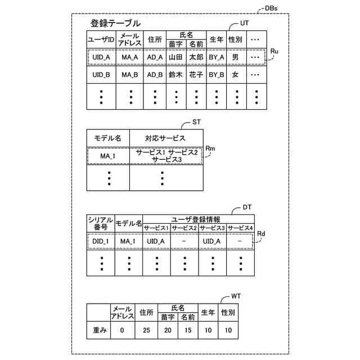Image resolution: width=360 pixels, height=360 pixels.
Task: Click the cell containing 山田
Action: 175,57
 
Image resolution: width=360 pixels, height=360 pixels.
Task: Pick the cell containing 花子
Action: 196,75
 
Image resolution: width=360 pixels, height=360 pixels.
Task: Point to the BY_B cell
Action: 217,75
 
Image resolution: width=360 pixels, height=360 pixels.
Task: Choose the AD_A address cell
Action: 155,57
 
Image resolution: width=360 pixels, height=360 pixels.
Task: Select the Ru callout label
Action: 274,51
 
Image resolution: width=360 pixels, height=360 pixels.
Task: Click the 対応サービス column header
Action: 165,138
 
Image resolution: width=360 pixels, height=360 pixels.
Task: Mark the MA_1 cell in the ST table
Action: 107,156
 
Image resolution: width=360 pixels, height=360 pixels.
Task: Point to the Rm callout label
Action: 211,148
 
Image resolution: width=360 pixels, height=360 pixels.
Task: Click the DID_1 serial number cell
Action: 100,241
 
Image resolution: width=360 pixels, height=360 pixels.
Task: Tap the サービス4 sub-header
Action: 240,227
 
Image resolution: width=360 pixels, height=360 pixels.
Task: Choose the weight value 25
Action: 146,330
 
